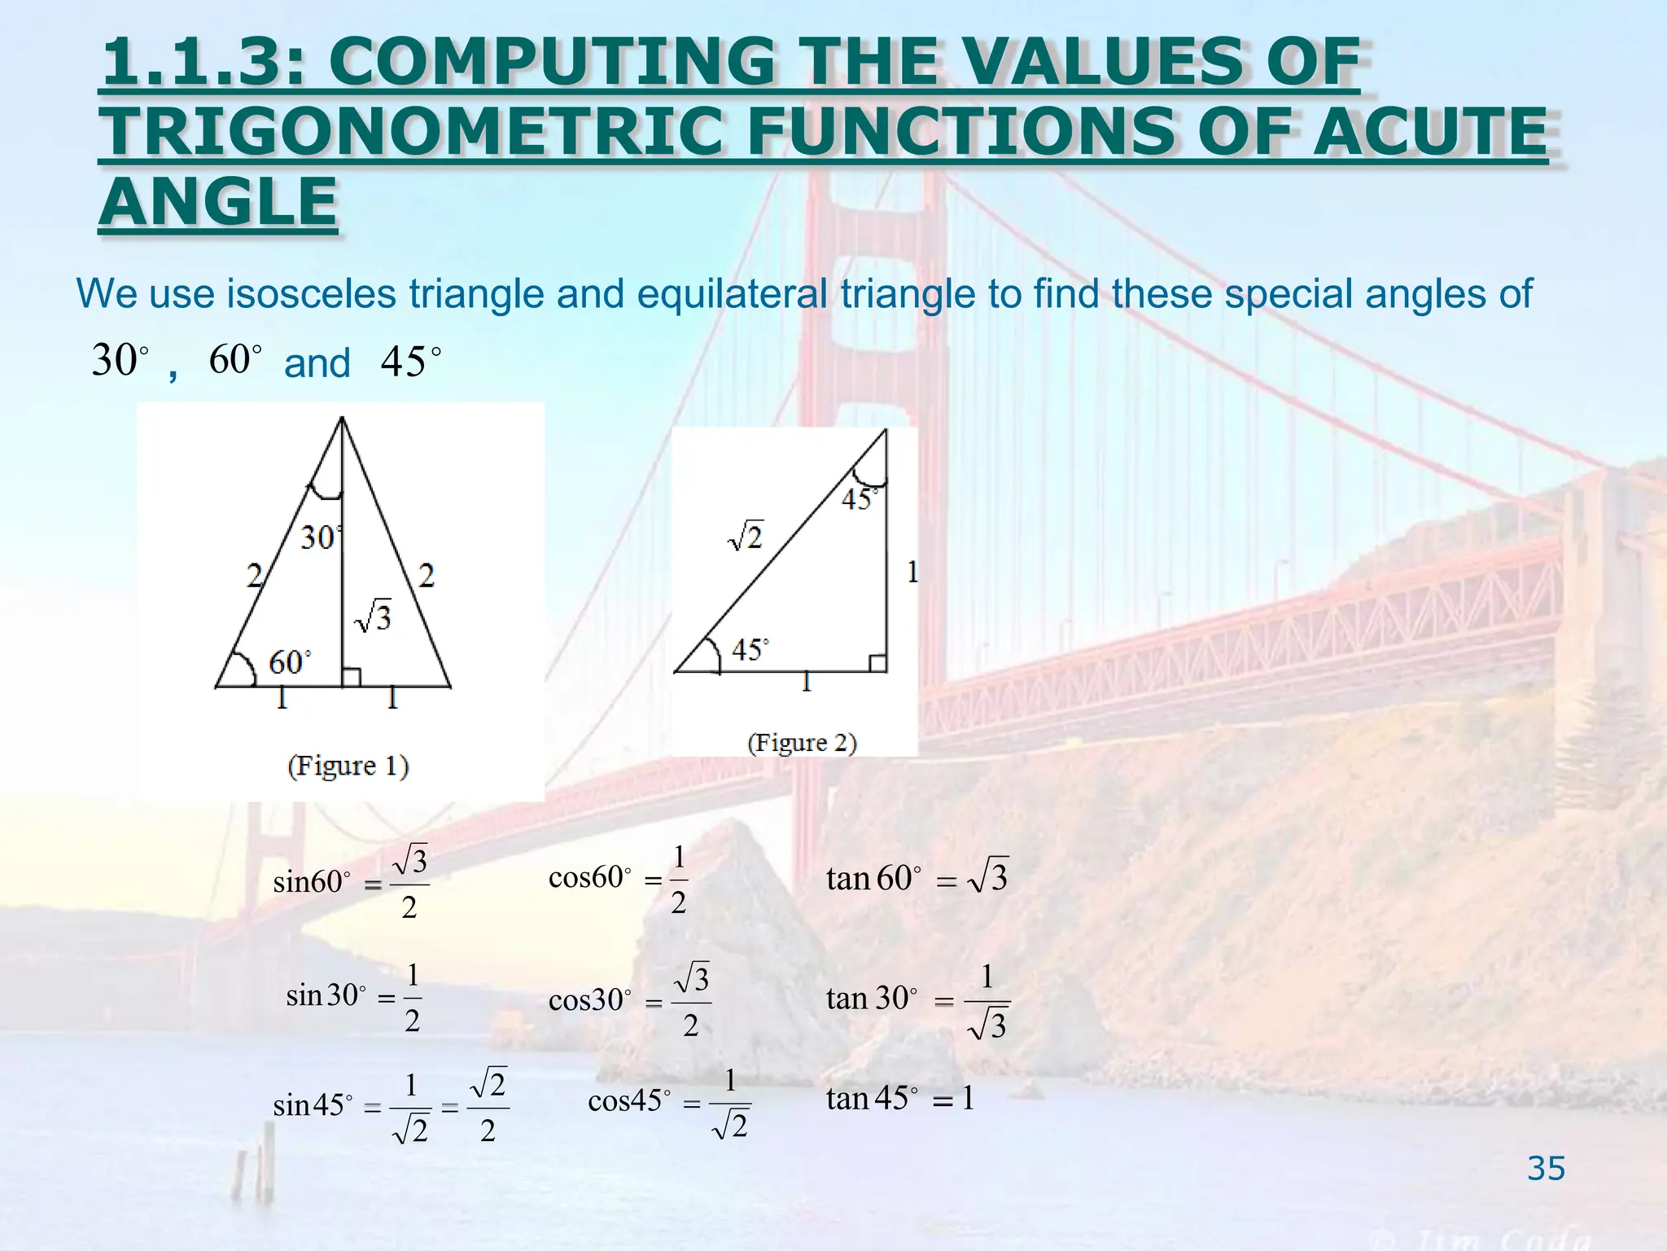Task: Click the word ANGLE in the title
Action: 218,203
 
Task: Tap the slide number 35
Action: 1546,1169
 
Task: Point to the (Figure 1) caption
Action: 348,766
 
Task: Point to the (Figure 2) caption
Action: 802,743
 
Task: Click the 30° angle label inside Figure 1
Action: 320,538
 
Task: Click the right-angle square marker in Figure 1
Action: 351,678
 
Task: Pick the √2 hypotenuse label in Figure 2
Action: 746,537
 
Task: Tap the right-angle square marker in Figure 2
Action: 877,663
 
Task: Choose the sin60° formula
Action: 351,883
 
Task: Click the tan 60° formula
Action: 917,878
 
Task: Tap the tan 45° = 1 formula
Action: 900,1099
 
